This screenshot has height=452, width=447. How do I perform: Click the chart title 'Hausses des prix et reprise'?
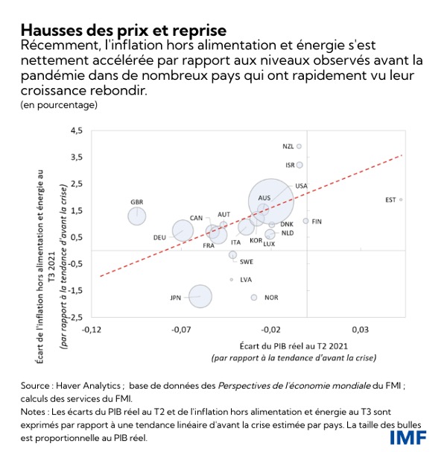pyautogui.click(x=124, y=31)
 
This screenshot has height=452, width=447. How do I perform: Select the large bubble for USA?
pyautogui.click(x=270, y=200)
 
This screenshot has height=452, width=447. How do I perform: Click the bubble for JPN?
pyautogui.click(x=200, y=296)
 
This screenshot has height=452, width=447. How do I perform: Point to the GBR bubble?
pyautogui.click(x=137, y=216)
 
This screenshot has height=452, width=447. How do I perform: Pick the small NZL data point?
pyautogui.click(x=299, y=146)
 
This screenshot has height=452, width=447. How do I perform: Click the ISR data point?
pyautogui.click(x=299, y=165)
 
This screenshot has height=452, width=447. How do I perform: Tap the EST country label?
pyautogui.click(x=390, y=199)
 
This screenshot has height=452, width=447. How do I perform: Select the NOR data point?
pyautogui.click(x=254, y=297)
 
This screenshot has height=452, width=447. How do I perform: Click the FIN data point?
pyautogui.click(x=305, y=221)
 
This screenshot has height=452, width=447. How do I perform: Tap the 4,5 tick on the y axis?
pyautogui.click(x=77, y=131)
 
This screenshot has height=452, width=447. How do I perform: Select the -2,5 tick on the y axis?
pyautogui.click(x=76, y=318)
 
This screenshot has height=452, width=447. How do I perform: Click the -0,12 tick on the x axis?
pyautogui.click(x=92, y=329)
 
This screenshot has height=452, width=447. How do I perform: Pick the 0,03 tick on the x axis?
pyautogui.click(x=361, y=329)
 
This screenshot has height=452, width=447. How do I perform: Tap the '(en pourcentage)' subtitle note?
pyautogui.click(x=60, y=104)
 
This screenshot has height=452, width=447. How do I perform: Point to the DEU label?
pyautogui.click(x=159, y=237)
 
